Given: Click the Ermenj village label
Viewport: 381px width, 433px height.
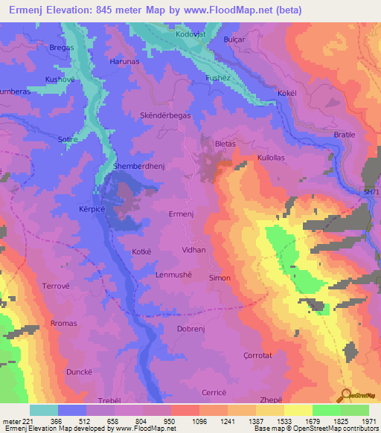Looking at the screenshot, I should coord(182,214).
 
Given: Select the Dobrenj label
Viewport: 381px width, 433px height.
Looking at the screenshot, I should coord(190,328).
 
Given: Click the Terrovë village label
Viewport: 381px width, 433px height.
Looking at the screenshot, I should coord(35,286).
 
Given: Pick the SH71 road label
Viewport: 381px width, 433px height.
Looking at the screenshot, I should coord(371,193).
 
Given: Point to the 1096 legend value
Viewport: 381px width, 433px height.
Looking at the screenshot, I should coord(182,421).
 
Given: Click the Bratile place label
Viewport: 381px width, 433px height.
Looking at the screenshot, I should coord(345,135).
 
